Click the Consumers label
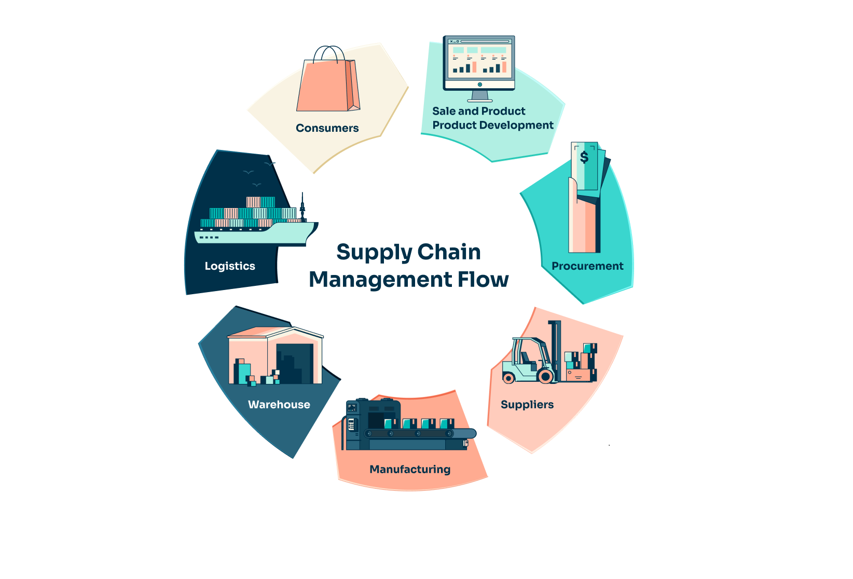327,128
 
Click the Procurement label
587,266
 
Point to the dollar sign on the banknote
584,157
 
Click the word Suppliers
527,405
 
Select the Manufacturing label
410,470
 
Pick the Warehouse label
279,405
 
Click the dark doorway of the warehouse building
295,363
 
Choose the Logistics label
230,266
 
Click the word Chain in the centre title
449,252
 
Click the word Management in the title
380,280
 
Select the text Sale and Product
479,111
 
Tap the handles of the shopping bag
329,53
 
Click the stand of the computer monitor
479,96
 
